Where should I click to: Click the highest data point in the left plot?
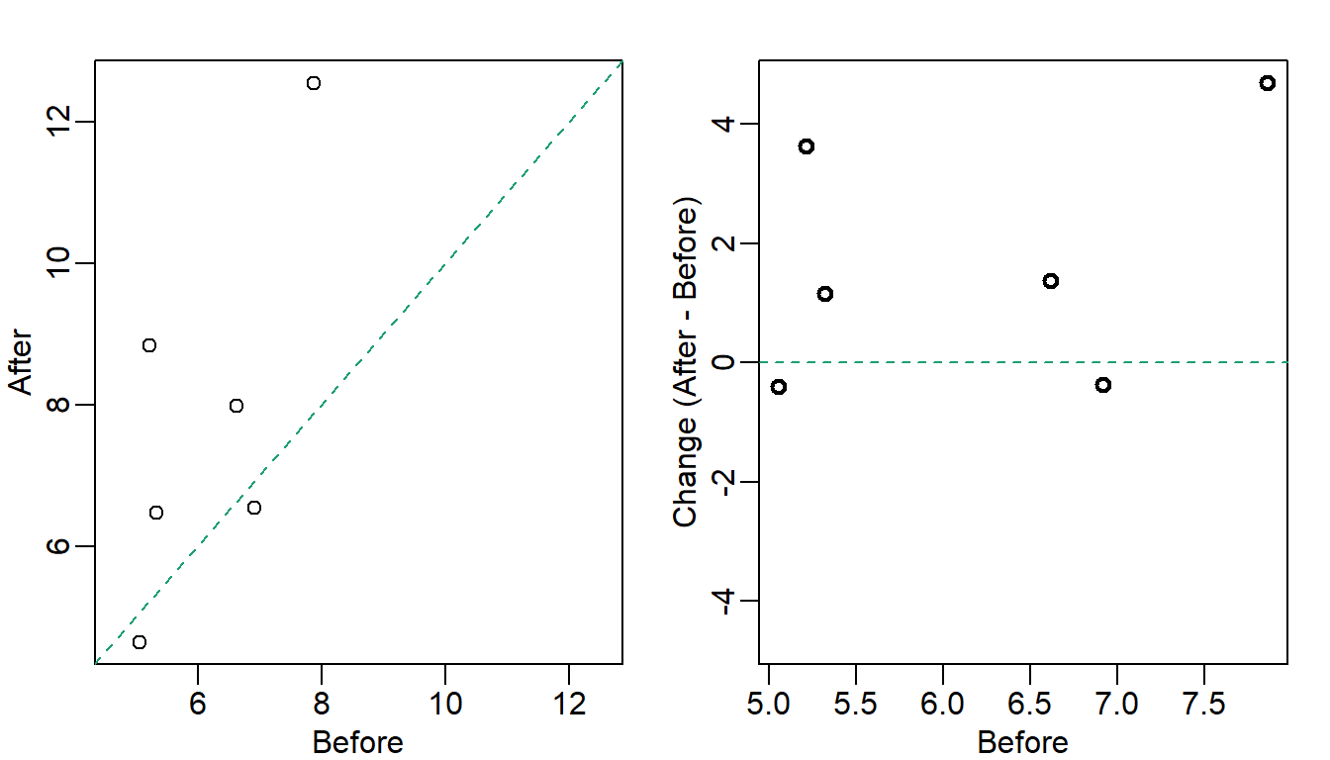point(314,83)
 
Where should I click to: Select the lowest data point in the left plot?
point(140,642)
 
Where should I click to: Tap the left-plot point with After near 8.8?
point(149,345)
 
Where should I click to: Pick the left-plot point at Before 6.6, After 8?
point(237,406)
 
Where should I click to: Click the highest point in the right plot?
point(1268,83)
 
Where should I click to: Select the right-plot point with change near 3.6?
point(807,146)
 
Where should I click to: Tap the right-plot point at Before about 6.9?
point(1103,385)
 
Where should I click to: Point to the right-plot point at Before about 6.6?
point(1051,281)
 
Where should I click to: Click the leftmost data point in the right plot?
point(779,387)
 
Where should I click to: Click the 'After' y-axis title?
point(22,362)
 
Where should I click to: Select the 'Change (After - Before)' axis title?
point(686,362)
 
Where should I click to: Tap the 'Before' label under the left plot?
point(358,742)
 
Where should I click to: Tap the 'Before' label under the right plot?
point(1023,742)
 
